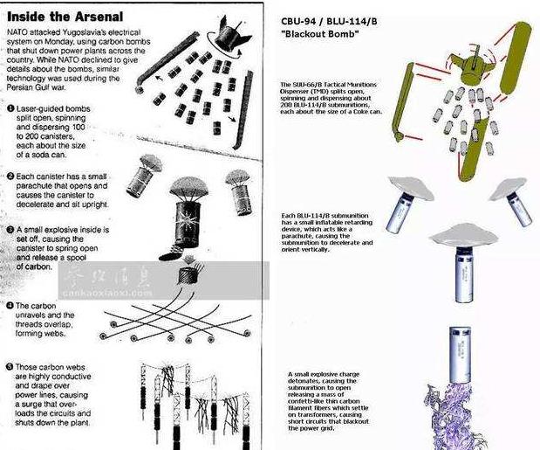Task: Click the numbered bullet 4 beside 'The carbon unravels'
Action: [9, 307]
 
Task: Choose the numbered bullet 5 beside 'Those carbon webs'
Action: [9, 368]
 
